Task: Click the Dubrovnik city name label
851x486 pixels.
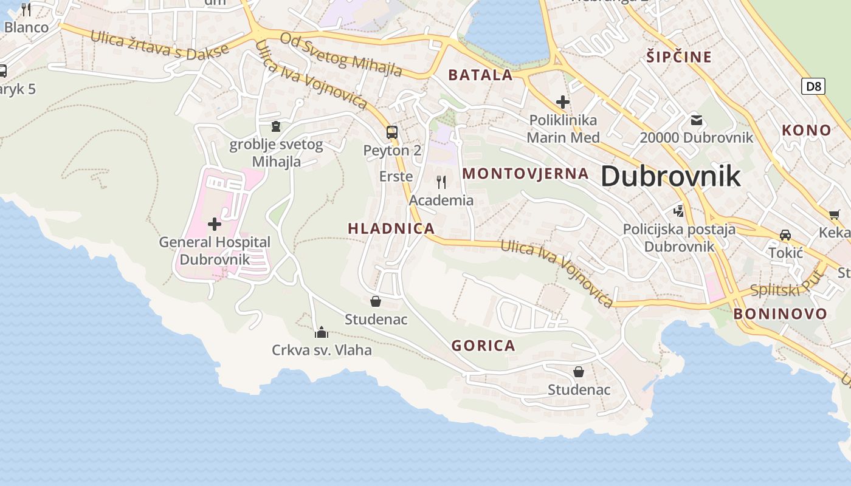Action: point(670,176)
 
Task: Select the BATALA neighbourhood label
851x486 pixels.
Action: point(480,75)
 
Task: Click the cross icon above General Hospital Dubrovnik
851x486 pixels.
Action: point(215,224)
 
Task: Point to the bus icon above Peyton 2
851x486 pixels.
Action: point(392,132)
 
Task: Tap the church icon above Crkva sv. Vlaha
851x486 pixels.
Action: point(322,332)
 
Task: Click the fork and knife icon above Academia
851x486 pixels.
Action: point(441,182)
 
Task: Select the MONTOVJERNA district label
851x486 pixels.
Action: point(525,173)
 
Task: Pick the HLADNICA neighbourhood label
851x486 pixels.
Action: point(391,228)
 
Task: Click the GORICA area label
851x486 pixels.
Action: point(483,346)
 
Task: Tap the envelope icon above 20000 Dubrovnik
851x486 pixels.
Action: point(696,120)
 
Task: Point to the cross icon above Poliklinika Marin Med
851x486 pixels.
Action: point(563,102)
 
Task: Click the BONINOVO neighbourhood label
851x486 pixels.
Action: point(780,313)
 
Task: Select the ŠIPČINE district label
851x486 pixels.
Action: point(678,57)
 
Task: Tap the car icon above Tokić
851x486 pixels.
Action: point(785,235)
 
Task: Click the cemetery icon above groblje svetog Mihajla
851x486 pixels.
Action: point(276,126)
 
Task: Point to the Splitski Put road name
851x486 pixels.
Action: point(786,284)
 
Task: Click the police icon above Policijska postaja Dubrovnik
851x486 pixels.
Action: point(679,211)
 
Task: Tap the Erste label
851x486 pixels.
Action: point(396,176)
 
